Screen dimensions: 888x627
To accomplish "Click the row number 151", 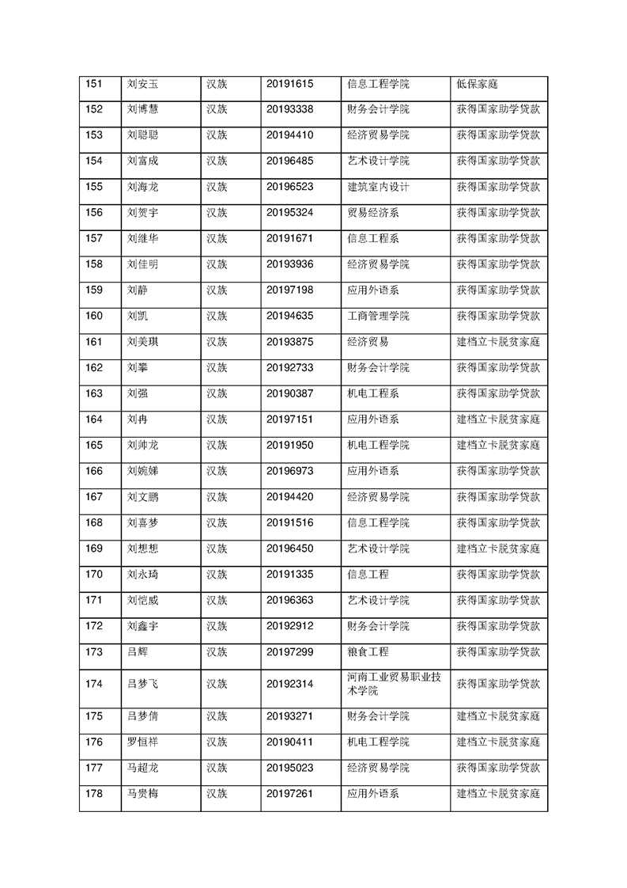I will [94, 84].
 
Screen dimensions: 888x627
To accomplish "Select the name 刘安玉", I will [143, 84].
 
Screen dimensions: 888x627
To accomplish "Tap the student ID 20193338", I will [290, 109].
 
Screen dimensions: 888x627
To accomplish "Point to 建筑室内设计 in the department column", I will [378, 187].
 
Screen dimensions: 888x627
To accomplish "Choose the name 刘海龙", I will [143, 187].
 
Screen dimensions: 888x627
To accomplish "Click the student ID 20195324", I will [290, 213].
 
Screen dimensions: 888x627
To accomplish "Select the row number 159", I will [94, 290].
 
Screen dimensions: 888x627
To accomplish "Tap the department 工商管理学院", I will [378, 316].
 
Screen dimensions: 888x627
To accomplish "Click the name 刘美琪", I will [143, 342].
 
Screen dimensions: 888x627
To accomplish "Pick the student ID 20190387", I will [290, 393].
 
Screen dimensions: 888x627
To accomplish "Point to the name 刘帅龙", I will [143, 445].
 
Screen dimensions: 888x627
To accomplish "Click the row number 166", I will [94, 471].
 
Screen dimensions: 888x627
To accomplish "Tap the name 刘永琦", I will [143, 574].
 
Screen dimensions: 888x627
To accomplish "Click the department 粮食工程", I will [368, 651].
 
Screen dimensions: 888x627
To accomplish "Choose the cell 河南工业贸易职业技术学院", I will [395, 684].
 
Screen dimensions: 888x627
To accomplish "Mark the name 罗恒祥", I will [143, 742].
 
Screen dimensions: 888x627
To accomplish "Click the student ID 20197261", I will [290, 793].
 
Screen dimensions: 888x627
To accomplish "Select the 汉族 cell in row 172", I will [217, 626].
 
